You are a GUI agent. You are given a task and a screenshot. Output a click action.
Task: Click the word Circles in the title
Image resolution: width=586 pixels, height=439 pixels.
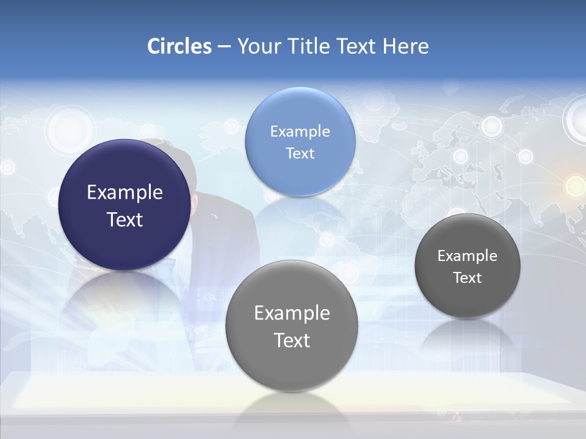[179, 46]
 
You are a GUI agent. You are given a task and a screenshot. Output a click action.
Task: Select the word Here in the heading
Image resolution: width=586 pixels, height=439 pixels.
[405, 46]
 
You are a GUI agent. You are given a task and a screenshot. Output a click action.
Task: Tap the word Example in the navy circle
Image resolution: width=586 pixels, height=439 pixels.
[125, 193]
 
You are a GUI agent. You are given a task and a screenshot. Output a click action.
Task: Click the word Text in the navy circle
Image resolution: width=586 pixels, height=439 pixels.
[125, 220]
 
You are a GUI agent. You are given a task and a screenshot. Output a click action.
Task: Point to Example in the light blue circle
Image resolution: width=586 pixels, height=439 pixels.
[300, 131]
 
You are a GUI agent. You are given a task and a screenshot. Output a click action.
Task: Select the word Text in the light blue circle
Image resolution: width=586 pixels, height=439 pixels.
[300, 153]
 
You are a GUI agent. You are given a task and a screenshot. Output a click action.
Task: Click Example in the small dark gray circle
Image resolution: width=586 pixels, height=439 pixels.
[467, 256]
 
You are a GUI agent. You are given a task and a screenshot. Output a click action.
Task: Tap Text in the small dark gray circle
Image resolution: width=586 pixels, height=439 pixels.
[467, 278]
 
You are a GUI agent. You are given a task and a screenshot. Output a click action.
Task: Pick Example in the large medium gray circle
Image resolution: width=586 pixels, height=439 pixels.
[292, 313]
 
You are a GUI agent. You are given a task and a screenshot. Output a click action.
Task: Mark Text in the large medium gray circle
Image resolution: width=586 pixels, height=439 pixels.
[292, 340]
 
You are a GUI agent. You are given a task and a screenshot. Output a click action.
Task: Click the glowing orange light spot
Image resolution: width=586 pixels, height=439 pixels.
[574, 185]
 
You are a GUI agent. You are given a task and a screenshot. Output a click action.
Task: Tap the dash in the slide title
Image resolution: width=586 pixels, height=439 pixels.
[223, 47]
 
